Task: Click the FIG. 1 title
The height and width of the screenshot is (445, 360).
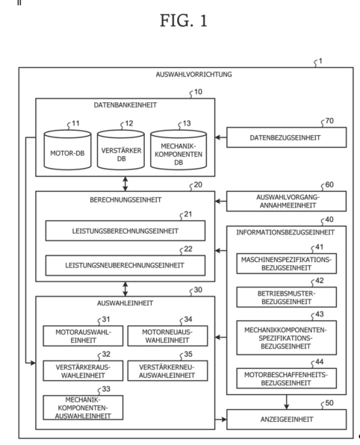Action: [x=184, y=21]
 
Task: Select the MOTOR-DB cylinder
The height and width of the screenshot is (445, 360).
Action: [x=67, y=150]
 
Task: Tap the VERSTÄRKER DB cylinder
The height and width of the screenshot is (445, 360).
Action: [x=121, y=150]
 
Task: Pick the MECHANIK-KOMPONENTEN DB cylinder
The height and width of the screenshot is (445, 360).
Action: [x=179, y=150]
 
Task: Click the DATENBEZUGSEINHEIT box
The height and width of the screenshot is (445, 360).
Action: [x=287, y=137]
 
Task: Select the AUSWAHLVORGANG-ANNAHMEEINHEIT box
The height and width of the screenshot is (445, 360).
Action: [x=287, y=201]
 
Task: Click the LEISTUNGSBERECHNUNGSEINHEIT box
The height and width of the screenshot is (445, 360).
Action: [x=125, y=231]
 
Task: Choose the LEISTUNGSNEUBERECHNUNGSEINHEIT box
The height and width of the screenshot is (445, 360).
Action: [x=125, y=265]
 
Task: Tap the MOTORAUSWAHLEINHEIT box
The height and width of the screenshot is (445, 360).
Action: [x=83, y=336]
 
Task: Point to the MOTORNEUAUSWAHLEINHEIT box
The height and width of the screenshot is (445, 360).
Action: [x=167, y=336]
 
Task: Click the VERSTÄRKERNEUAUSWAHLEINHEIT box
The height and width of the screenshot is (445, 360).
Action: [x=167, y=370]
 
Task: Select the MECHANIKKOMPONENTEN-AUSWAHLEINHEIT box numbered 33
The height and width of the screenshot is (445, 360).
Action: [x=83, y=408]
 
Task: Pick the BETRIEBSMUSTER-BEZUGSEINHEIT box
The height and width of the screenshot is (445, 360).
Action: [x=287, y=297]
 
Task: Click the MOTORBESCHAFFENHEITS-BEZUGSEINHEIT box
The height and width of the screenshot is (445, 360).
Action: [x=287, y=379]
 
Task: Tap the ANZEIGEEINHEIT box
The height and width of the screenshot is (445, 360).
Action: [x=287, y=420]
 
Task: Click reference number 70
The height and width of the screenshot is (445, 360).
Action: [x=329, y=121]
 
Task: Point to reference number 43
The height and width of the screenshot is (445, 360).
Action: [x=320, y=314]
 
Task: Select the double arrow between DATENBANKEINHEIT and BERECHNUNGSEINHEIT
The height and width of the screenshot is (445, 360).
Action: [x=125, y=184]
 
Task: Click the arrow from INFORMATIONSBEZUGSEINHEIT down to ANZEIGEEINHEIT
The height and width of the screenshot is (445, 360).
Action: [x=287, y=402]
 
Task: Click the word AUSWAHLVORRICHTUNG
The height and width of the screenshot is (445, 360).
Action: [x=193, y=75]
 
